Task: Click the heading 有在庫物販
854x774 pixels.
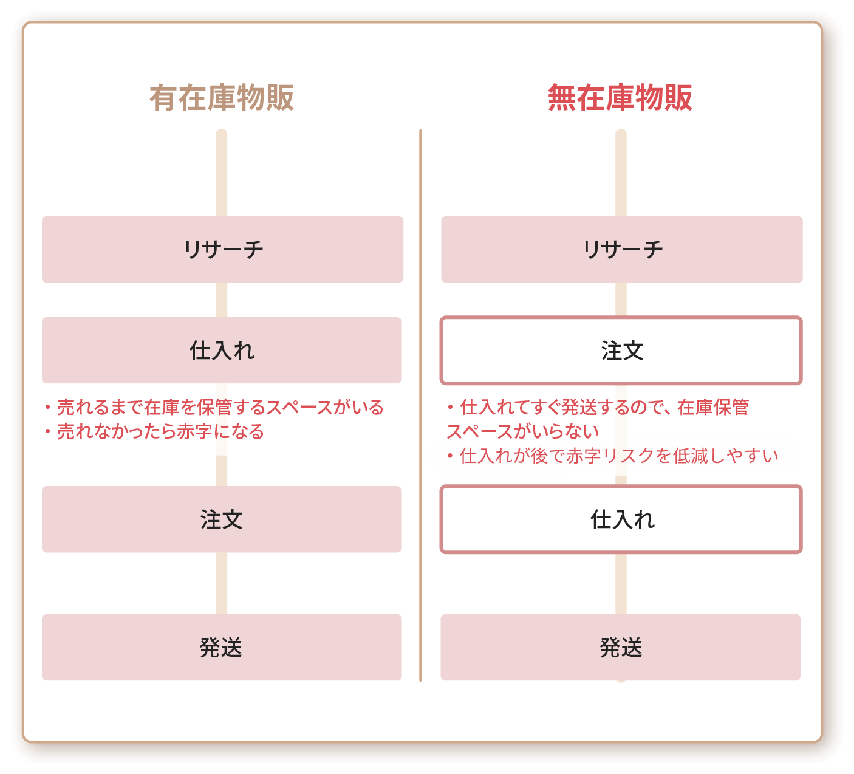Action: (x=222, y=98)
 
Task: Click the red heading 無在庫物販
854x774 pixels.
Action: (x=620, y=98)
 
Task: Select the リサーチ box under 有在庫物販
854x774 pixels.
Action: (x=223, y=250)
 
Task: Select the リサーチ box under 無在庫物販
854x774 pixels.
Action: (x=622, y=250)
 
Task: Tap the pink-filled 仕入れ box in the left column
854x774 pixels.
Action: (x=222, y=350)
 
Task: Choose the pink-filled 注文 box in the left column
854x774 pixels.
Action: (x=222, y=519)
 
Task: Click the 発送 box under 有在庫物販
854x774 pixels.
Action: (x=222, y=648)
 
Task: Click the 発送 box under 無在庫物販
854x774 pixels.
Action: (x=621, y=648)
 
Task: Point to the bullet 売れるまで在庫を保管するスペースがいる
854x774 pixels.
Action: (x=214, y=407)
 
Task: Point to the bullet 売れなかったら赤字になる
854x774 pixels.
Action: (x=154, y=431)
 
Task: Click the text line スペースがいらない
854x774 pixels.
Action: (x=523, y=431)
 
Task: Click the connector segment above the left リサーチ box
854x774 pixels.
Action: (x=222, y=173)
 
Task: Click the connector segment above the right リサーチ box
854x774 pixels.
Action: (x=621, y=173)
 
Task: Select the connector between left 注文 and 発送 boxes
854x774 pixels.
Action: (x=222, y=584)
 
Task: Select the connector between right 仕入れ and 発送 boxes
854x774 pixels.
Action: (x=621, y=584)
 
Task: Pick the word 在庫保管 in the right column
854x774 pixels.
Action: (x=714, y=407)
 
